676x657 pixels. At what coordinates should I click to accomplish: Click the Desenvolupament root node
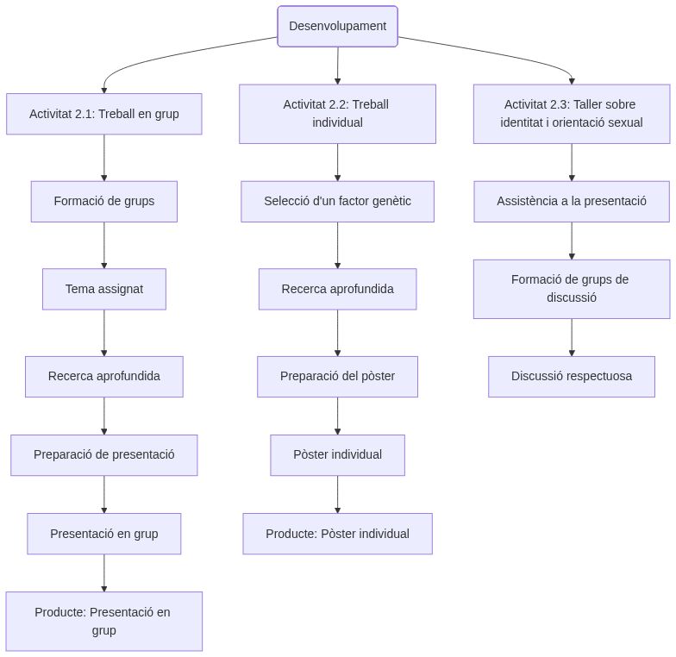click(337, 26)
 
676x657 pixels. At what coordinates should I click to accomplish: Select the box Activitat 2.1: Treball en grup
click(104, 114)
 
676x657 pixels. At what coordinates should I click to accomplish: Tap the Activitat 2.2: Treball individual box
click(337, 114)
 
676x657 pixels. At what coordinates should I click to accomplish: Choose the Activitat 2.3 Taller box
click(571, 114)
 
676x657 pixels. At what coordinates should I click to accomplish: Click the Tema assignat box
click(104, 289)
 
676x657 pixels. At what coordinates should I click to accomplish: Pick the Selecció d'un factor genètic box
click(337, 201)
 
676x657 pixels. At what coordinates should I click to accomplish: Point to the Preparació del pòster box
click(337, 376)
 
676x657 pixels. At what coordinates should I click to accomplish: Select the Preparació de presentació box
click(104, 454)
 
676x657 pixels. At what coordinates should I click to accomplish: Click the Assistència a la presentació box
click(571, 201)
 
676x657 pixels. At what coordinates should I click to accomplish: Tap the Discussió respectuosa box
click(571, 376)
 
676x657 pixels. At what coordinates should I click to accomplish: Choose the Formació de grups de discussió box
click(571, 289)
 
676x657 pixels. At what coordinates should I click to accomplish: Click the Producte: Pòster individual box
click(337, 534)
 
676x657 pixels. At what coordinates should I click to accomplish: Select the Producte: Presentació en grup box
click(104, 621)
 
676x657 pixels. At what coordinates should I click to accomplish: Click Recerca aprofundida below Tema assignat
click(104, 376)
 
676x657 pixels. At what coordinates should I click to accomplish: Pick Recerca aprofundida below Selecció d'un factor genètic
click(337, 289)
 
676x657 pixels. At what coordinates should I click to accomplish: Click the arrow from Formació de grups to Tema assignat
click(104, 246)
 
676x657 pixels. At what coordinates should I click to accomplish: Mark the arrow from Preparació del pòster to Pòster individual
click(337, 416)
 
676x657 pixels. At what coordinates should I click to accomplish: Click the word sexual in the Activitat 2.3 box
click(623, 122)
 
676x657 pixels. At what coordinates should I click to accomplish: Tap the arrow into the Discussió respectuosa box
click(571, 338)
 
